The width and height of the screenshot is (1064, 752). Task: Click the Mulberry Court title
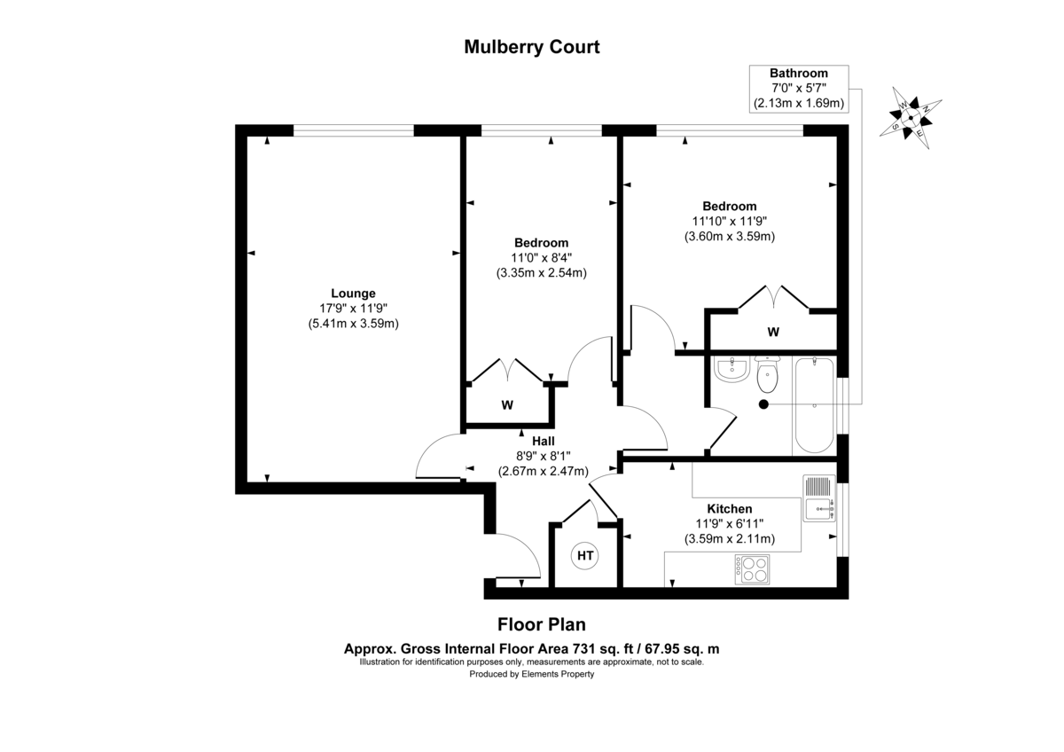(532, 47)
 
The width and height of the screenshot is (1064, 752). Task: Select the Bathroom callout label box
(798, 89)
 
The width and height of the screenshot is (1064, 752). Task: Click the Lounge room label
(353, 294)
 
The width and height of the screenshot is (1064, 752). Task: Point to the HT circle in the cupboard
(585, 556)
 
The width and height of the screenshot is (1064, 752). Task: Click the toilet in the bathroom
(767, 376)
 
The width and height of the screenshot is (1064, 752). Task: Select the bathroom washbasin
(732, 371)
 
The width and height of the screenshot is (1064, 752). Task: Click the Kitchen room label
(730, 509)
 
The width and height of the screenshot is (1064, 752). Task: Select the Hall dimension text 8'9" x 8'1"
(543, 456)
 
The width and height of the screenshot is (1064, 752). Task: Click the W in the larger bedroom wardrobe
(773, 333)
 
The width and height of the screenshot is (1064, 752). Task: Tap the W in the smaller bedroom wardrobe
(507, 405)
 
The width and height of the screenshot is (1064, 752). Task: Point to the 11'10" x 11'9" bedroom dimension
(730, 221)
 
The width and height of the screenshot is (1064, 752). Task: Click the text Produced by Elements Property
(532, 674)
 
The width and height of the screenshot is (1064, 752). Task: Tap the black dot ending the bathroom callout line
(763, 404)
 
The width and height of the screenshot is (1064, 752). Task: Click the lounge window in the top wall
(354, 130)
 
